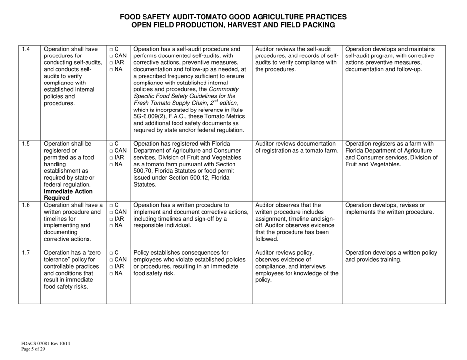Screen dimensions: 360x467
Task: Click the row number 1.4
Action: pyautogui.click(x=26, y=49)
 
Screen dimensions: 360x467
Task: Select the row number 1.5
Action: pyautogui.click(x=26, y=144)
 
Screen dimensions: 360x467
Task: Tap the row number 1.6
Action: pyautogui.click(x=26, y=205)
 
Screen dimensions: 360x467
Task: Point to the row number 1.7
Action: pyautogui.click(x=26, y=253)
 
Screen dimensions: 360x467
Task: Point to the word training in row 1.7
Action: pyautogui.click(x=384, y=261)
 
